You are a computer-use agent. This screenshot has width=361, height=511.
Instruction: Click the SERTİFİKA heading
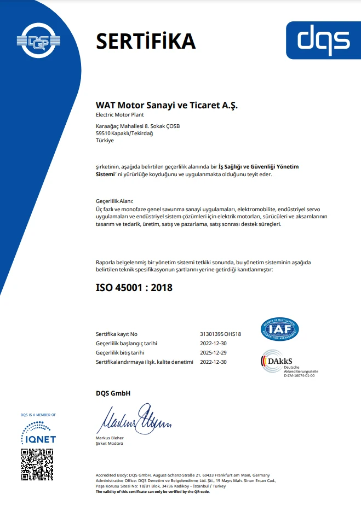pyautogui.click(x=146, y=40)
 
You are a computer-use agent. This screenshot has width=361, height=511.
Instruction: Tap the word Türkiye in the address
pyautogui.click(x=105, y=141)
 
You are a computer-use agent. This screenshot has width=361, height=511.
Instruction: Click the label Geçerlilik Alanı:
pyautogui.click(x=114, y=201)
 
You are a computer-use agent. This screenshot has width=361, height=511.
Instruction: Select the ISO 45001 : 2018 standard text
pyautogui.click(x=134, y=287)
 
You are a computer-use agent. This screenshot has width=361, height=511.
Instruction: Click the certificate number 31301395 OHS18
pyautogui.click(x=221, y=334)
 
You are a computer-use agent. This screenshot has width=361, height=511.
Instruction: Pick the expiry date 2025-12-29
pyautogui.click(x=214, y=353)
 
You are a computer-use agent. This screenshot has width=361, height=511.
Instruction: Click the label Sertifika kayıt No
pyautogui.click(x=117, y=334)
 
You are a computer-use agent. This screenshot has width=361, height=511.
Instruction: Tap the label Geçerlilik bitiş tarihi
pyautogui.click(x=120, y=353)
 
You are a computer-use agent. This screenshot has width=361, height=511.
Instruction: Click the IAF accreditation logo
pyautogui.click(x=279, y=329)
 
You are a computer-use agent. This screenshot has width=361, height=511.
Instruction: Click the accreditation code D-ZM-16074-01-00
pyautogui.click(x=299, y=376)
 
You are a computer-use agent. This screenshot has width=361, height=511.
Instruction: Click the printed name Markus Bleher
pyautogui.click(x=110, y=438)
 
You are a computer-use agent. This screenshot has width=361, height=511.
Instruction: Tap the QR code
pyautogui.click(x=37, y=464)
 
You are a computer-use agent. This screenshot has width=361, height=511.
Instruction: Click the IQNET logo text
pyautogui.click(x=38, y=439)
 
